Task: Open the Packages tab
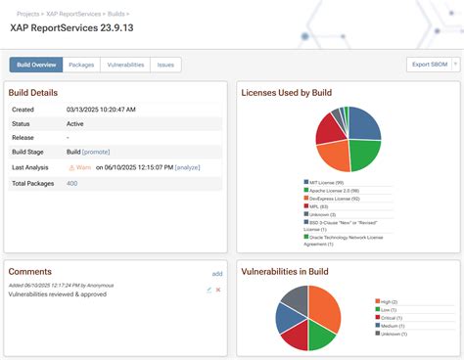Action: pos(81,65)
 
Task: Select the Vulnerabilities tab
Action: pos(125,65)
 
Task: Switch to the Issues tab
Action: pos(166,65)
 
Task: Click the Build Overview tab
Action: pos(36,65)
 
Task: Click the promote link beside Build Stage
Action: pos(97,153)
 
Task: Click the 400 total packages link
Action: pos(72,183)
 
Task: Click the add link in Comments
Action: pos(217,274)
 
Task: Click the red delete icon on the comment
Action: pos(218,290)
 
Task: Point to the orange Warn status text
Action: pos(85,167)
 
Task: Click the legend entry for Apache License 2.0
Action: pos(334,190)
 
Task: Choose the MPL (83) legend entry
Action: pos(323,205)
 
